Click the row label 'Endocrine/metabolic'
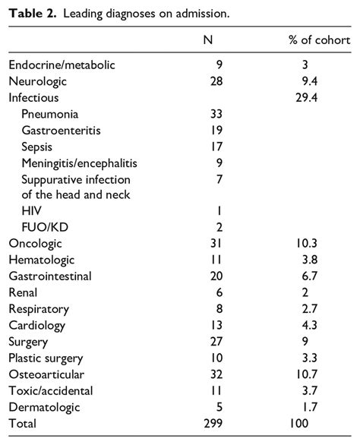[62, 65]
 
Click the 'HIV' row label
[32, 211]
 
